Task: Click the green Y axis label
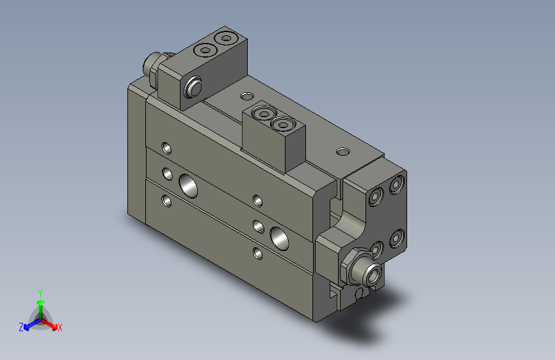pyautogui.click(x=40, y=293)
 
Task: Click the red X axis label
pyautogui.click(x=60, y=327)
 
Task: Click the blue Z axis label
pyautogui.click(x=21, y=327)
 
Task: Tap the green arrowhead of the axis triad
pyautogui.click(x=41, y=302)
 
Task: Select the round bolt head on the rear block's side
pyautogui.click(x=193, y=87)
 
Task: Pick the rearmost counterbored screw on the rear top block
pyautogui.click(x=227, y=38)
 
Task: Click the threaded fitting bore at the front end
pyautogui.click(x=373, y=274)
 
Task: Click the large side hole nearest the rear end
pyautogui.click(x=188, y=186)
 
